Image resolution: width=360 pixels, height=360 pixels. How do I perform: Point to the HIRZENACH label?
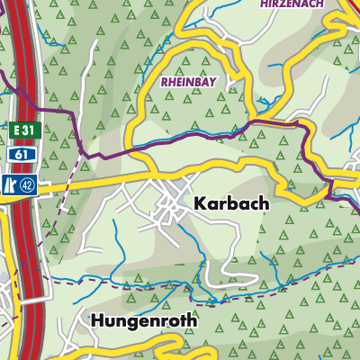(291, 4)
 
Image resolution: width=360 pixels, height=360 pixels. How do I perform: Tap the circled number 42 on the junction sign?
(30, 187)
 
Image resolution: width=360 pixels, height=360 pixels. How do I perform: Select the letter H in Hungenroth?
(97, 319)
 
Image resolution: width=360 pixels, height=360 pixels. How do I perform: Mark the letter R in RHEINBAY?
(164, 81)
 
